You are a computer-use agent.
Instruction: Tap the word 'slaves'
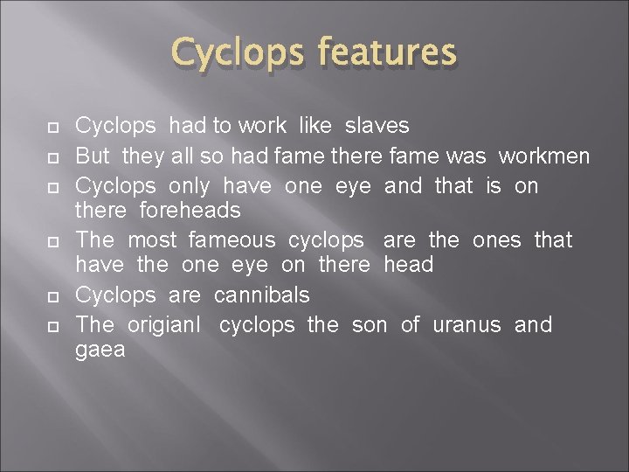(x=377, y=127)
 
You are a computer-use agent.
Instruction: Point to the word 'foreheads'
(x=190, y=211)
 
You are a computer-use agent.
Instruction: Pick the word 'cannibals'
(x=261, y=295)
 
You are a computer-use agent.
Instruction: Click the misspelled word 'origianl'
(x=164, y=325)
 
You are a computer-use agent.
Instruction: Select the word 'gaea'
(x=100, y=351)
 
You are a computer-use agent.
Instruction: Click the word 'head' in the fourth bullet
(x=408, y=265)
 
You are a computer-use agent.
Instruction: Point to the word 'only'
(x=190, y=185)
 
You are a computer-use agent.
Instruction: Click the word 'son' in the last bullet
(x=369, y=325)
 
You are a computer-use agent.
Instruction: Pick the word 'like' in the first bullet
(x=314, y=127)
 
